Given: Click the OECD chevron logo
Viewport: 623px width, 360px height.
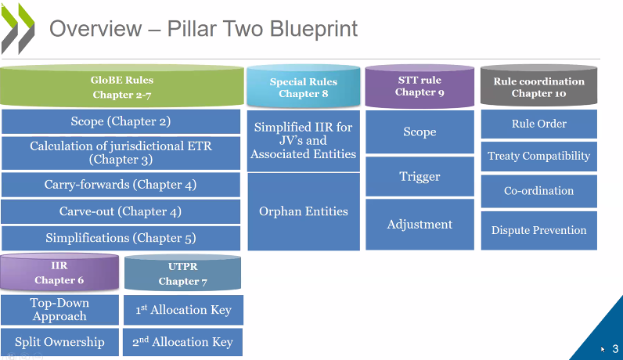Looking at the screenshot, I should (19, 27).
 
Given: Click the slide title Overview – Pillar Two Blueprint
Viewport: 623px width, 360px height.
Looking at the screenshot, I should (203, 29).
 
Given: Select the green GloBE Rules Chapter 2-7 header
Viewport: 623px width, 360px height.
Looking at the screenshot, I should (122, 87).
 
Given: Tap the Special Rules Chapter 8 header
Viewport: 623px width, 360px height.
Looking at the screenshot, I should (303, 88).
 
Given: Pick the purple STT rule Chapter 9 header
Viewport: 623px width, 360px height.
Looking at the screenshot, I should (419, 86).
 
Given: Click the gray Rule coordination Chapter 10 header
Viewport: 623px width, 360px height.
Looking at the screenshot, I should (538, 87).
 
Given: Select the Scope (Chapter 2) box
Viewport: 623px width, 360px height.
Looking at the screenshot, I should (121, 121).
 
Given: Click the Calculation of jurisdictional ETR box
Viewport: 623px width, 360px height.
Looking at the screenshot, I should (121, 153).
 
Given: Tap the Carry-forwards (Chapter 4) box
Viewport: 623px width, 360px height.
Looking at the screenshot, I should (121, 185).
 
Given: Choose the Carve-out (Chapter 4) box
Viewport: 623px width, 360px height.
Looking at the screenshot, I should (121, 211).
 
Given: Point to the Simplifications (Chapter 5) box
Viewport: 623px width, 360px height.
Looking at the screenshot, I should (121, 238).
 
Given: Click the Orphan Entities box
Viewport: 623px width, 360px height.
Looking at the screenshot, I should (304, 211).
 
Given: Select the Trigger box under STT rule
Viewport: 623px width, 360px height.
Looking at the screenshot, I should (420, 177).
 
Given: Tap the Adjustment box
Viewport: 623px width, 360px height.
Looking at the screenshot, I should (420, 225).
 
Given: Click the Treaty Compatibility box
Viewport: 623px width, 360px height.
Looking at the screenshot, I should (538, 156).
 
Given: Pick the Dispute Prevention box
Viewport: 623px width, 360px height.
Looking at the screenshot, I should (538, 230).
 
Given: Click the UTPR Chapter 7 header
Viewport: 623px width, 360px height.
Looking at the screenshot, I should (183, 274).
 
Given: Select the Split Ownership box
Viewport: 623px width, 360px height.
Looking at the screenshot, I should (59, 342).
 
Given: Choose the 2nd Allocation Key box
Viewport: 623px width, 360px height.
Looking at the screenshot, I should (182, 342).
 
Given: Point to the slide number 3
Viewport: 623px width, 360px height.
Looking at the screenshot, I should (615, 348).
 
